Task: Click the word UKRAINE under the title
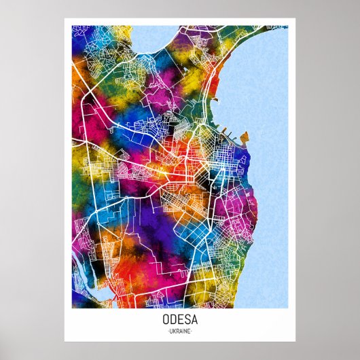(x=179, y=331)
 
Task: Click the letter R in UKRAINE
(x=177, y=331)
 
